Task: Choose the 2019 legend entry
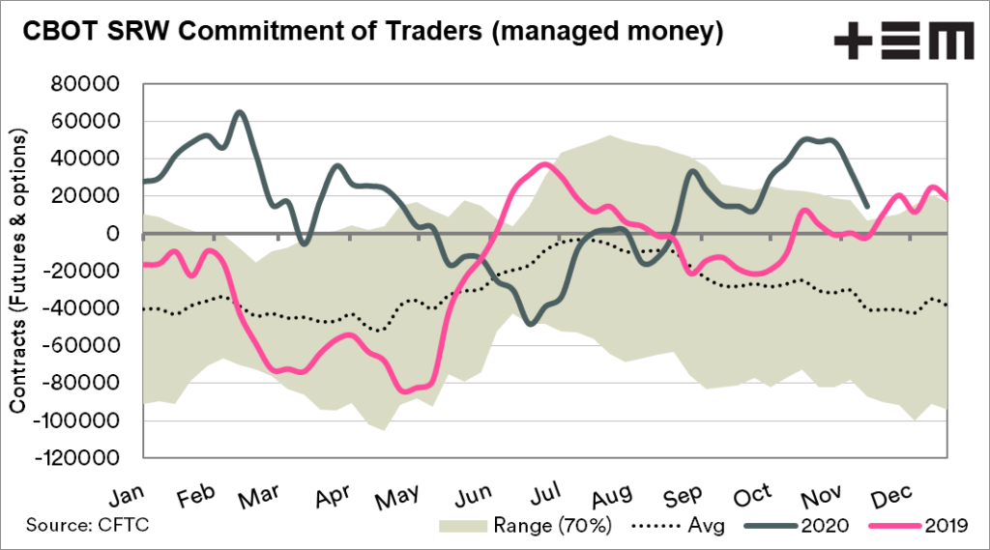click(x=946, y=526)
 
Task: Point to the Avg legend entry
click(x=687, y=526)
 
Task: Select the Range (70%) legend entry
click(x=549, y=526)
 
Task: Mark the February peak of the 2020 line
click(x=240, y=112)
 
